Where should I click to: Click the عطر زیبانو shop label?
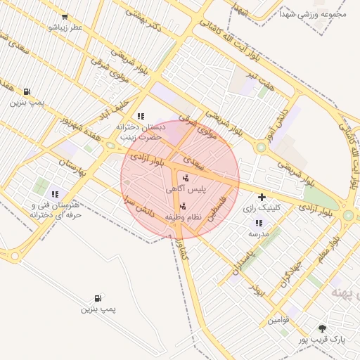pyautogui.click(x=65, y=27)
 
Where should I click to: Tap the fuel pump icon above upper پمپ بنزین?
pyautogui.click(x=27, y=91)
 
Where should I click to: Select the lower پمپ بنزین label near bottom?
pyautogui.click(x=98, y=309)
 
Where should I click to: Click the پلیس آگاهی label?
pyautogui.click(x=186, y=190)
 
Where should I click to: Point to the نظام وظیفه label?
pyautogui.click(x=184, y=217)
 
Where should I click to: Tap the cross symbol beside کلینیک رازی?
pyautogui.click(x=262, y=198)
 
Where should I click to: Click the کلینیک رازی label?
pyautogui.click(x=262, y=208)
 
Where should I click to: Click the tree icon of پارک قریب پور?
pyautogui.click(x=322, y=328)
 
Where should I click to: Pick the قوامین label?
pyautogui.click(x=278, y=321)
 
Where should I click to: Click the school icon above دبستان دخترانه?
pyautogui.click(x=141, y=116)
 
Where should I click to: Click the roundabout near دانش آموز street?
pyautogui.click(x=261, y=148)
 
